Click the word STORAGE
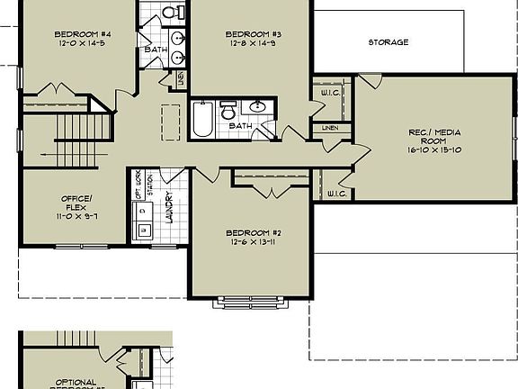pos(388,42)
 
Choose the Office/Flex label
pos(76,202)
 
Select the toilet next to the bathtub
pos(228,111)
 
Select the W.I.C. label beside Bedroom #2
pos(337,194)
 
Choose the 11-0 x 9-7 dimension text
pos(76,217)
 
